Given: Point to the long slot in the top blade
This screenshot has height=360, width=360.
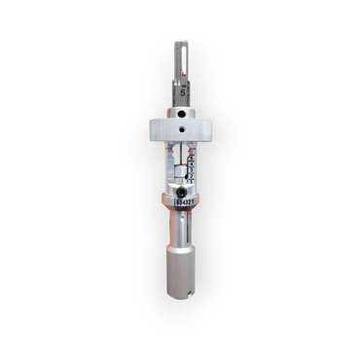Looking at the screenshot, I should [179, 60].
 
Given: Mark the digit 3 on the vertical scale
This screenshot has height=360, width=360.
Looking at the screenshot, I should [191, 164].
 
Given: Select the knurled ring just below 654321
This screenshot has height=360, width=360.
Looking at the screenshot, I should [180, 211].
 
